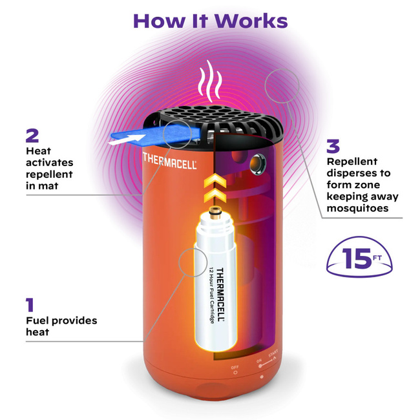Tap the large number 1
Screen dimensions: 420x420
coord(30,305)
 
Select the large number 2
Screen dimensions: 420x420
coord(32,136)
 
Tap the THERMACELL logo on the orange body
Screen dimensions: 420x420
coord(169,160)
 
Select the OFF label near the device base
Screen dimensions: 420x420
coord(235,366)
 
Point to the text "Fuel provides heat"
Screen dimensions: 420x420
coord(61,326)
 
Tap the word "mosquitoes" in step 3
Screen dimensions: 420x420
coord(356,208)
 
